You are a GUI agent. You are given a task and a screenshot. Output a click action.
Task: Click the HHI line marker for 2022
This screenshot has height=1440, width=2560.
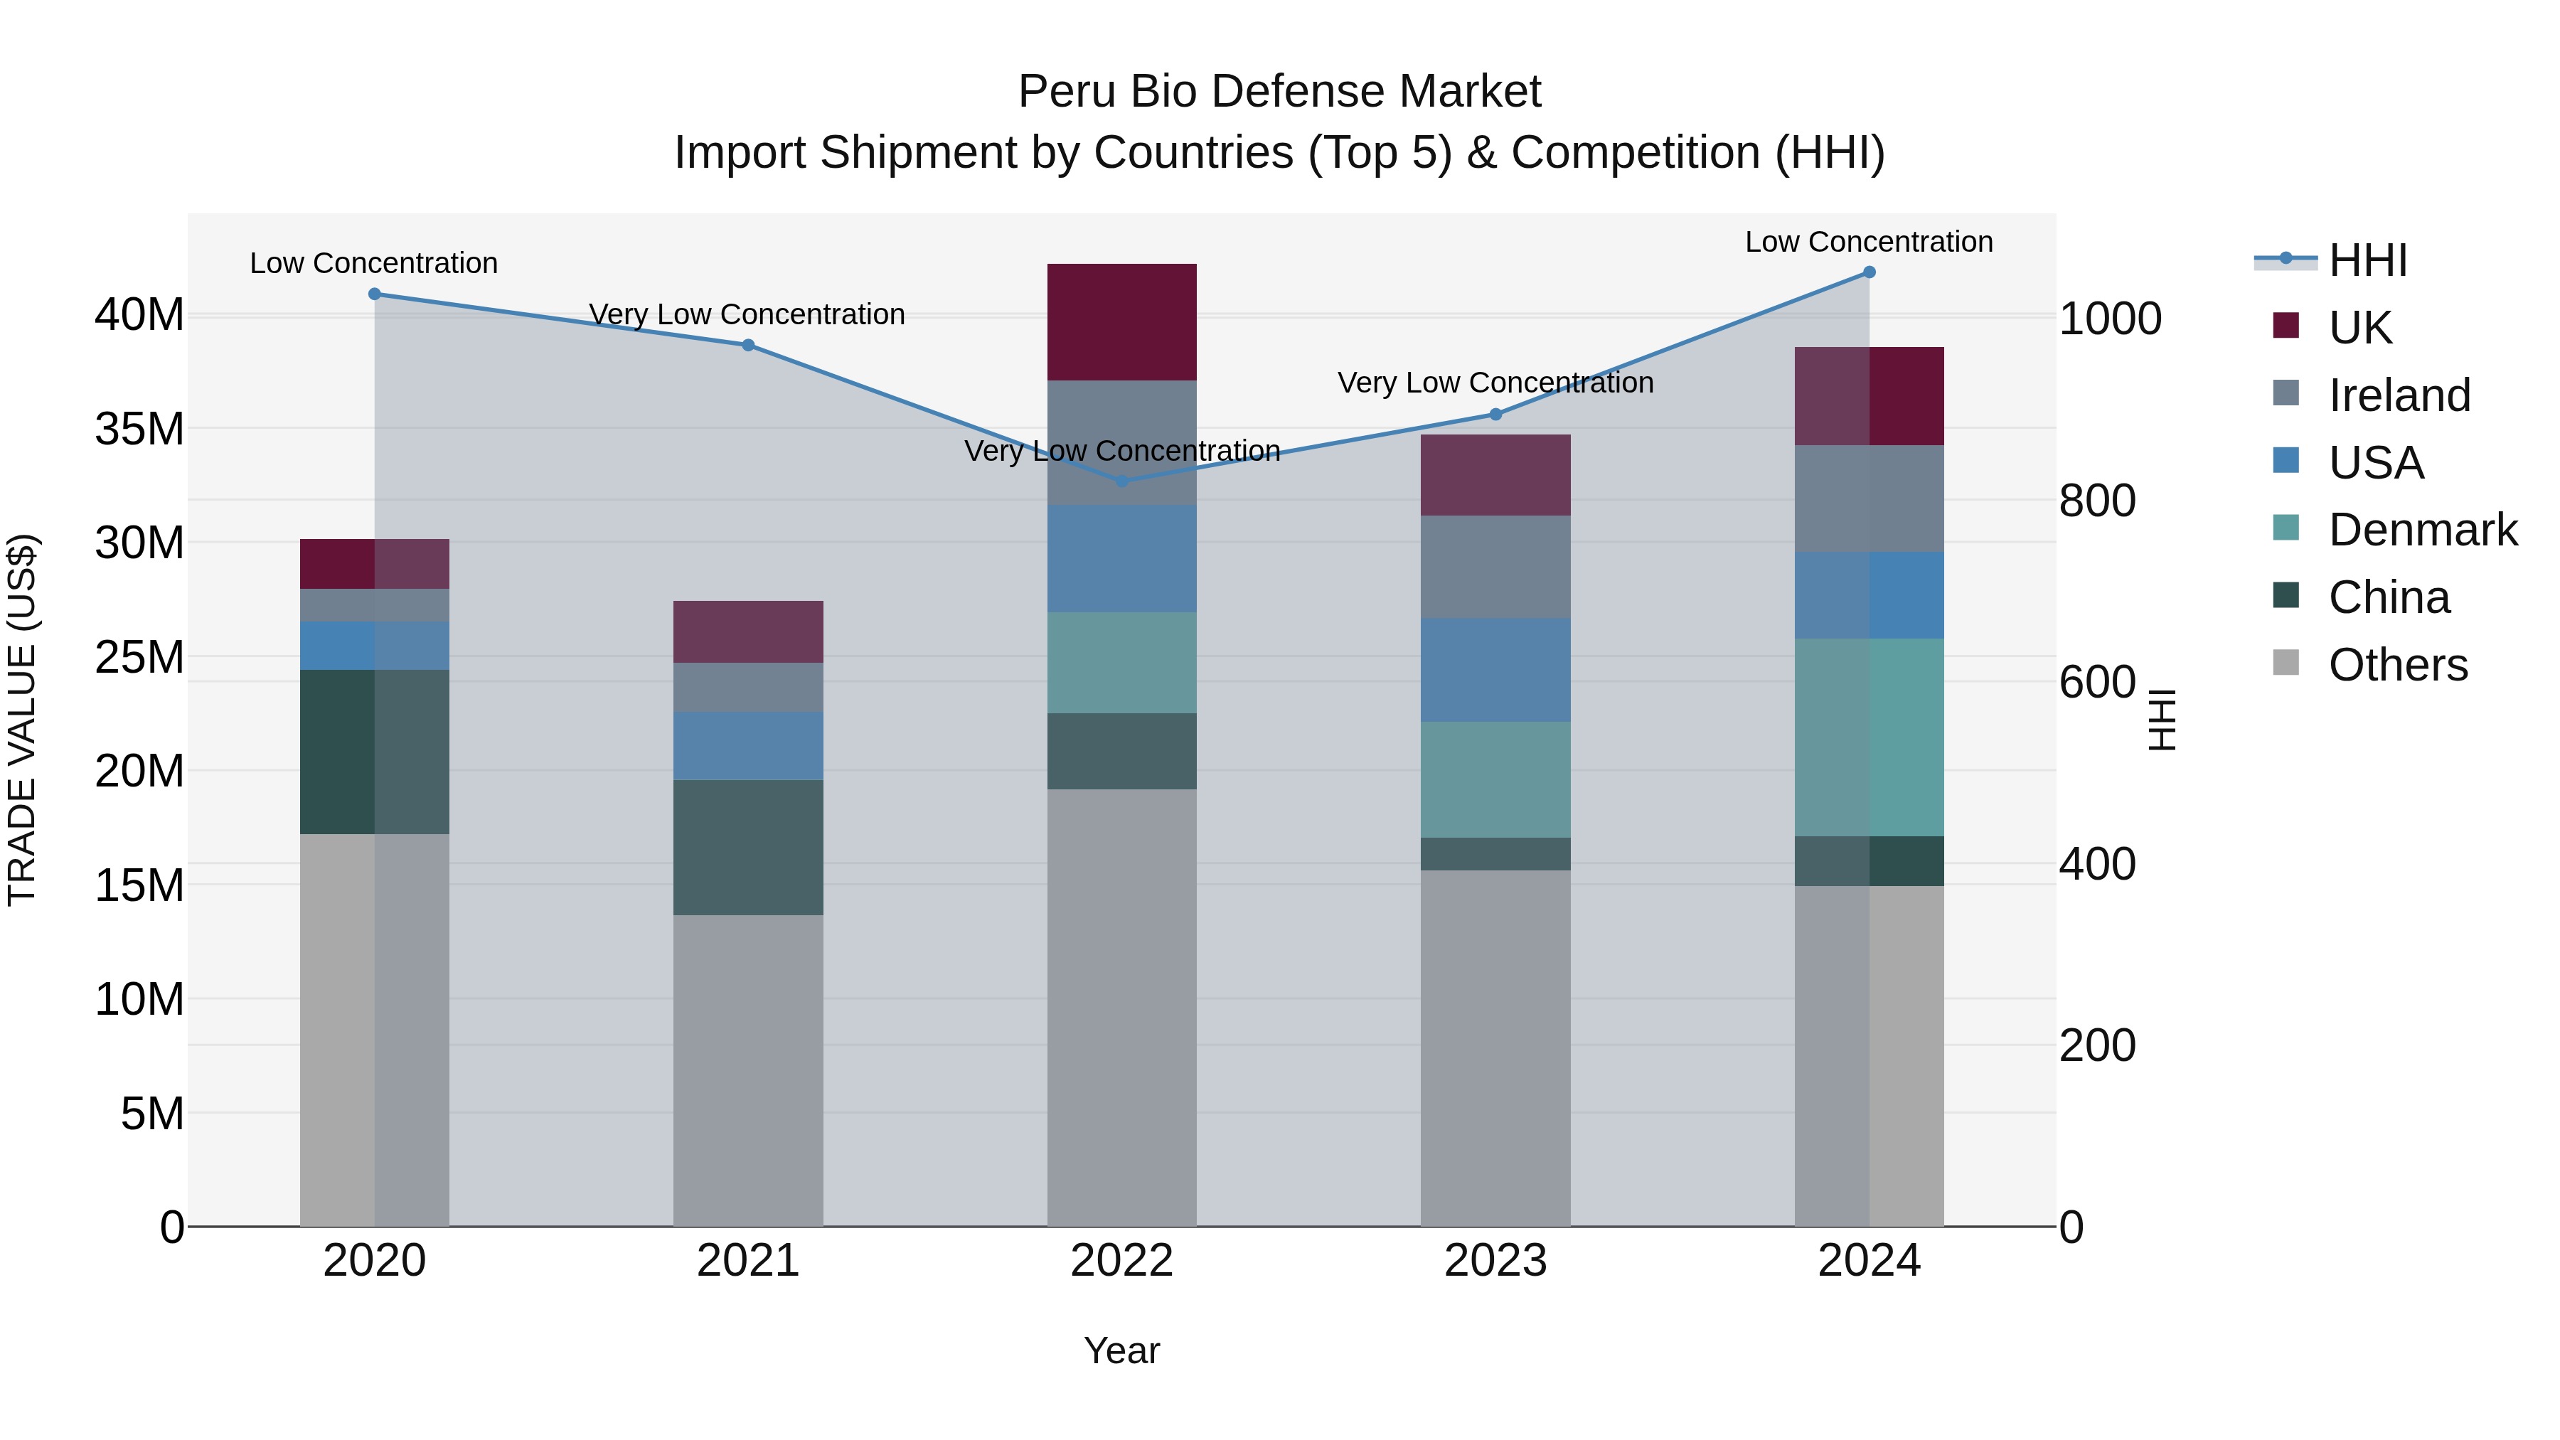pyautogui.click(x=1122, y=481)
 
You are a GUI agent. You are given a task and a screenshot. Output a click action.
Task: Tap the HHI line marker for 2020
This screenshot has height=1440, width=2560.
pyautogui.click(x=375, y=294)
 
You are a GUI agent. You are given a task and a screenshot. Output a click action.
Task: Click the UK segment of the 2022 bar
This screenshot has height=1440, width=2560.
pyautogui.click(x=1122, y=322)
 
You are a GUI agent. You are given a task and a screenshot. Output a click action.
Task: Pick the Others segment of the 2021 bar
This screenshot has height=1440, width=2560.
pyautogui.click(x=748, y=1070)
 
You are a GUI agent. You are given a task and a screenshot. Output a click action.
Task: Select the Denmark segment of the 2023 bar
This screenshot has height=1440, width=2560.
pyautogui.click(x=1495, y=779)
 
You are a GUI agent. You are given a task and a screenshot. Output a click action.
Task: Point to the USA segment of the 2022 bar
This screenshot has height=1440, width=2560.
pyautogui.click(x=1122, y=558)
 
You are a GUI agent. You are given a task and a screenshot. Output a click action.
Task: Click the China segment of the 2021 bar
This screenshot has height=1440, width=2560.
pyautogui.click(x=748, y=847)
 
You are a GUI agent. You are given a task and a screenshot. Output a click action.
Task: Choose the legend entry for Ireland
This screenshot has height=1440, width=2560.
pyautogui.click(x=2398, y=395)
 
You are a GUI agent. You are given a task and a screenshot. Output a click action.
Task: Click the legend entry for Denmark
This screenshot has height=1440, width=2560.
pyautogui.click(x=2422, y=530)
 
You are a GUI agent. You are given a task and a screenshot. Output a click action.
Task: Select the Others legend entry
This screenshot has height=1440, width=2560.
pyautogui.click(x=2397, y=665)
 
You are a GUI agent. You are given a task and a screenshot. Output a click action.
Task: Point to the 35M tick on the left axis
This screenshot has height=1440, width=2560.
pyautogui.click(x=139, y=430)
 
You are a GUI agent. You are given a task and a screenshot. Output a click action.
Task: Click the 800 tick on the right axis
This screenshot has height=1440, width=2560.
pyautogui.click(x=2097, y=500)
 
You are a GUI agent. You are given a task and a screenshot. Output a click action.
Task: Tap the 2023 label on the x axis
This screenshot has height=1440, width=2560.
pyautogui.click(x=1495, y=1261)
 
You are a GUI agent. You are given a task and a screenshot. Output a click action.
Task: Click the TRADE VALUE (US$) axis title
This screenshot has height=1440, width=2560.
pyautogui.click(x=22, y=720)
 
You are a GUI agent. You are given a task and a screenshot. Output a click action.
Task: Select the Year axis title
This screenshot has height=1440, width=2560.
pyautogui.click(x=1122, y=1350)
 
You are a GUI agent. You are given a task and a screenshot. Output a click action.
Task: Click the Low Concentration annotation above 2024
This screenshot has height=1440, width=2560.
pyautogui.click(x=1868, y=242)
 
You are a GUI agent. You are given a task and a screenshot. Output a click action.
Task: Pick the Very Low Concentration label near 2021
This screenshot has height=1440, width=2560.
pyautogui.click(x=747, y=314)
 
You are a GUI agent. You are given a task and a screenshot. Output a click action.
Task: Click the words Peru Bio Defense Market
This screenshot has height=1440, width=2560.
pyautogui.click(x=1279, y=92)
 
